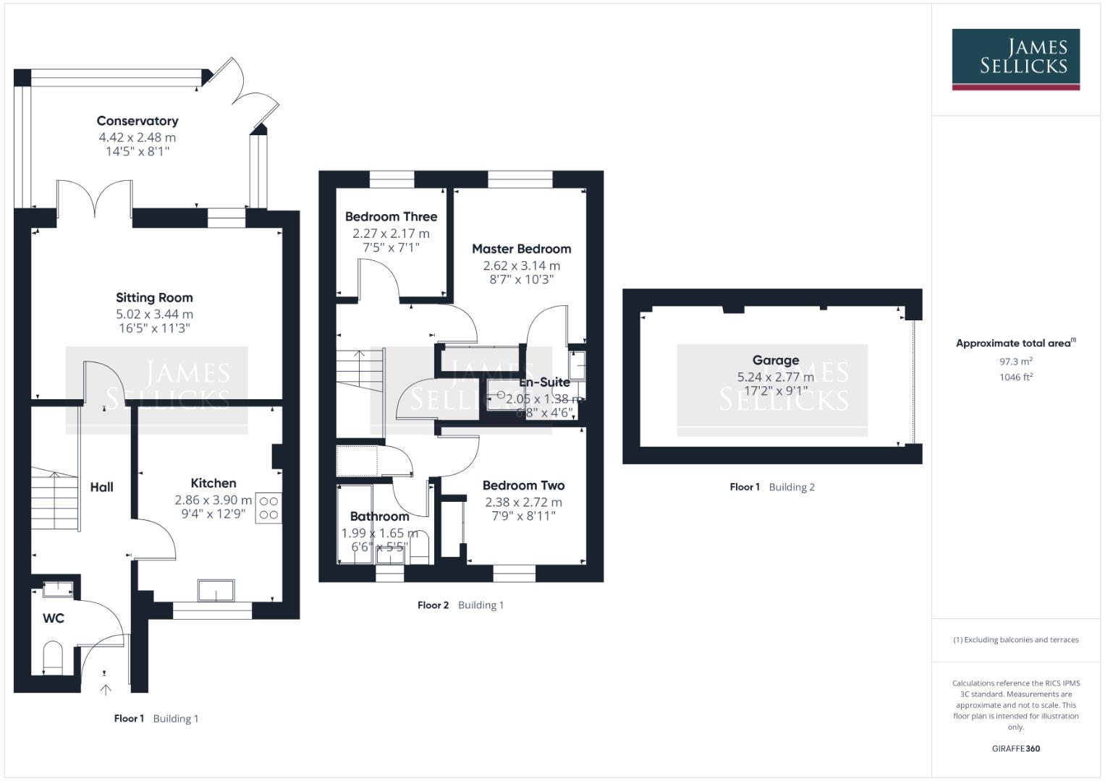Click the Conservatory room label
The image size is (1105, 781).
[137, 121]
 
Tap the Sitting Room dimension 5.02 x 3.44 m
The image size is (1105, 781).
[154, 314]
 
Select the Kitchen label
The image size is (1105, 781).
[213, 483]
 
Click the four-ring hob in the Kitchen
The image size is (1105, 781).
[268, 508]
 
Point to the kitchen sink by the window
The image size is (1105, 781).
[216, 590]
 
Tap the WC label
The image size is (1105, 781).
[54, 618]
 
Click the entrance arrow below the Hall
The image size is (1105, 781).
[106, 689]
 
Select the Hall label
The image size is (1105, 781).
[101, 487]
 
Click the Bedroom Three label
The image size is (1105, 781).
[391, 216]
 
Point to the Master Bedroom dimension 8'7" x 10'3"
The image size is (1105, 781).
[521, 279]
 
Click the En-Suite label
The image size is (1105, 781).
[545, 382]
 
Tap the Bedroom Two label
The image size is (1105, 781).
[523, 485]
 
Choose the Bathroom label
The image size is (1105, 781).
[379, 516]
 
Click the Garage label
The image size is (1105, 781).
[776, 360]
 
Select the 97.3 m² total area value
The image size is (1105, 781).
[1015, 361]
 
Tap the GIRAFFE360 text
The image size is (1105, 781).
[1015, 748]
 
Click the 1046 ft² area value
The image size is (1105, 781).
[1015, 377]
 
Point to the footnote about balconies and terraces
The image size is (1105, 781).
[1015, 640]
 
